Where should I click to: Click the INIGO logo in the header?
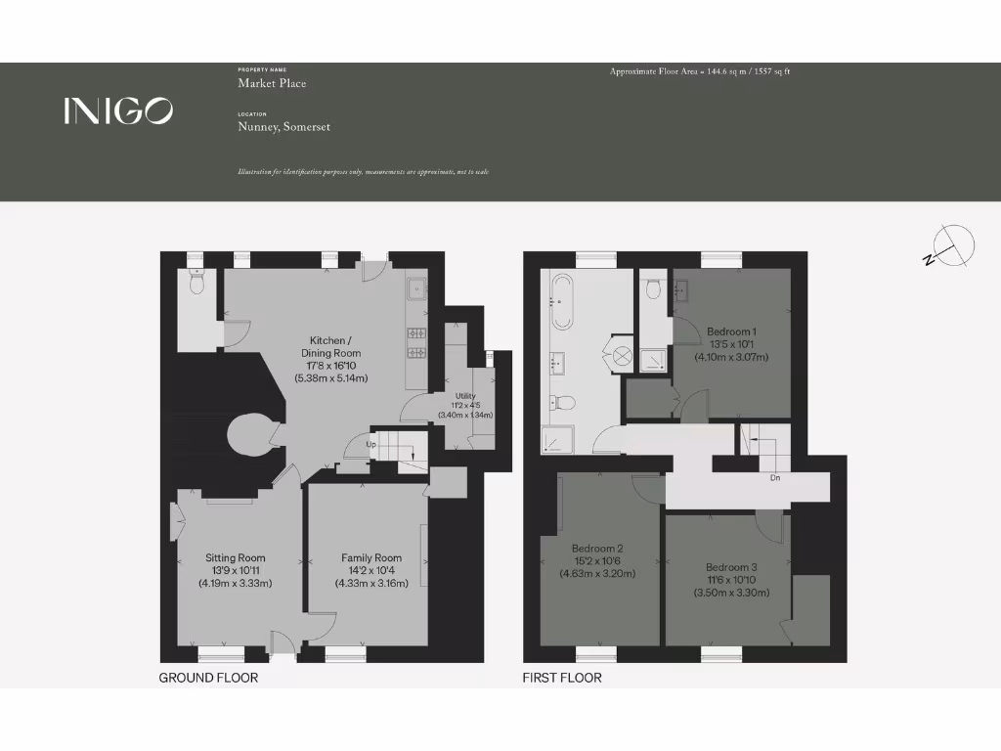tap(118, 110)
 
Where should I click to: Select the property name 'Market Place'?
tap(272, 83)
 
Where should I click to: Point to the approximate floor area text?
tap(700, 71)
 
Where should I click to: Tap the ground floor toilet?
tap(196, 284)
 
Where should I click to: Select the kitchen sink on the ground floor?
tap(417, 288)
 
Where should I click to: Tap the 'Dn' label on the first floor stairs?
tap(774, 479)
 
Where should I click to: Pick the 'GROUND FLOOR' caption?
tap(208, 678)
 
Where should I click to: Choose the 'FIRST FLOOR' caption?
tap(562, 678)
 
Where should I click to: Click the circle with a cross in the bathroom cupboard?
tap(622, 357)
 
